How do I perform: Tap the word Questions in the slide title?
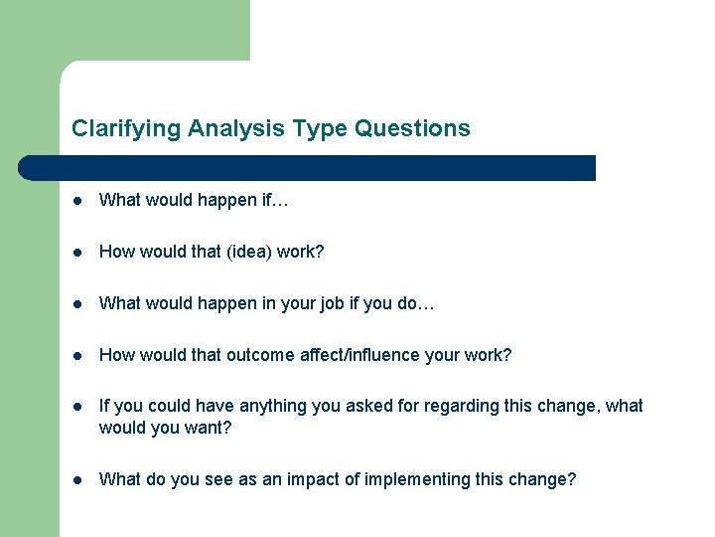pyautogui.click(x=412, y=128)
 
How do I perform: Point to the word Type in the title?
pyautogui.click(x=320, y=128)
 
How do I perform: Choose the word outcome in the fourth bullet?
pyautogui.click(x=261, y=355)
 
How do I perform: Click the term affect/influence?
pyautogui.click(x=358, y=355)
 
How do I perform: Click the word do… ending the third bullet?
pyautogui.click(x=416, y=303)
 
